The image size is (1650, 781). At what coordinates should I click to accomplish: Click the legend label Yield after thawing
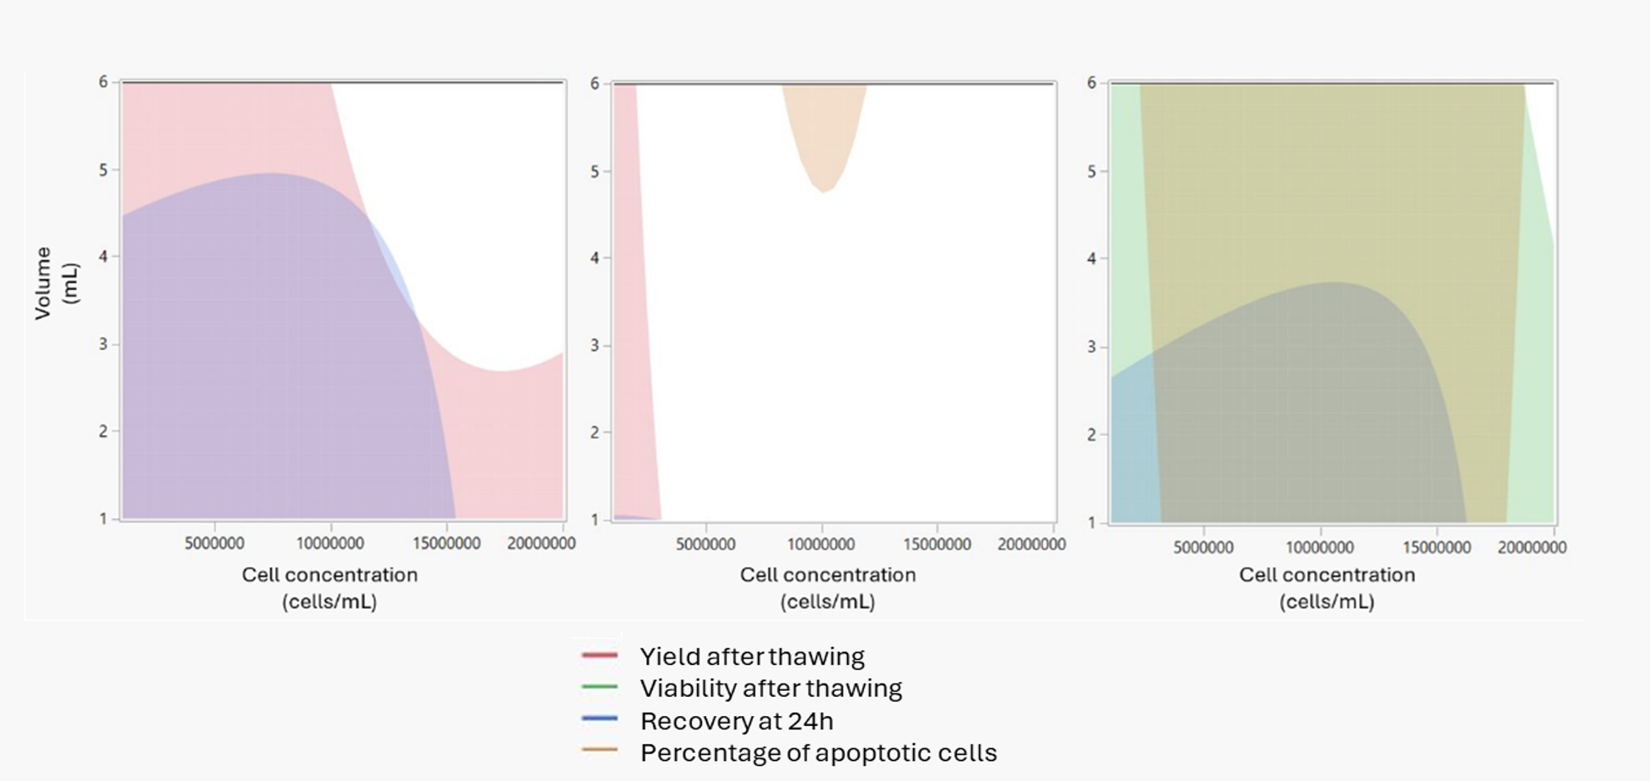tap(751, 657)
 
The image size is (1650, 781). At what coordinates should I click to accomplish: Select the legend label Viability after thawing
tap(770, 688)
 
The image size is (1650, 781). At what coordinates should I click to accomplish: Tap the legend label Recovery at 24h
tap(736, 721)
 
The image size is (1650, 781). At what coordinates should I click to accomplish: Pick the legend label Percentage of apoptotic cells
tap(818, 753)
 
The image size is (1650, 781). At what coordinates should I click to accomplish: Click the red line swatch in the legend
tap(599, 655)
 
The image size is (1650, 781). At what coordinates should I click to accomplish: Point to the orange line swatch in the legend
tap(599, 750)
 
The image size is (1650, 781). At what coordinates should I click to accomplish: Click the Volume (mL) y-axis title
tap(55, 283)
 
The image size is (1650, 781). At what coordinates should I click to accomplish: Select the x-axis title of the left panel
tap(329, 588)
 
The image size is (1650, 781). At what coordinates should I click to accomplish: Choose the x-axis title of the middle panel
tap(828, 588)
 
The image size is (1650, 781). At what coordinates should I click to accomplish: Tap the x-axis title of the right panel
tap(1327, 588)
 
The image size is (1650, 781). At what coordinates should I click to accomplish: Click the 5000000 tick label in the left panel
tap(214, 543)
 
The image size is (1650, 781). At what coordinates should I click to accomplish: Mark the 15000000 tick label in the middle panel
tap(937, 544)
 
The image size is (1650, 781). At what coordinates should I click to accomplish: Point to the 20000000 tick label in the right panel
tap(1532, 548)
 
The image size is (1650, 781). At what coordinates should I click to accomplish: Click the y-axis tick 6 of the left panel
tap(103, 82)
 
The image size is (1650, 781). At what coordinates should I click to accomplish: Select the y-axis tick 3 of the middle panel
tap(594, 345)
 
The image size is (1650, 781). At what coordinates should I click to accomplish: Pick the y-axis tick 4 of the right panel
tap(1091, 258)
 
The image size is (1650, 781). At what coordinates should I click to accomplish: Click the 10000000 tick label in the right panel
tap(1320, 548)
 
